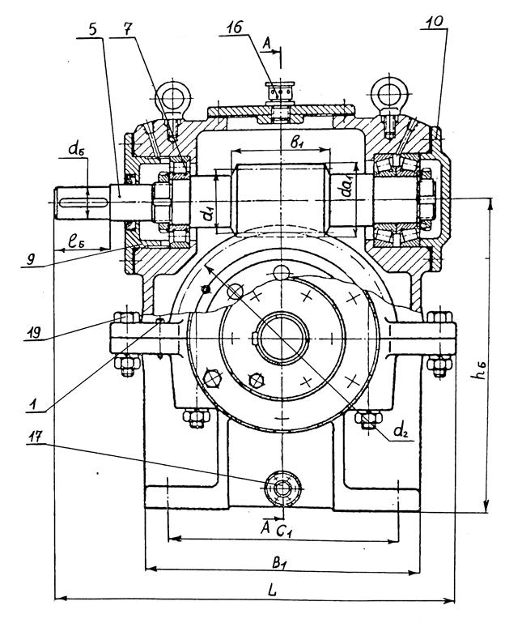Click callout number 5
93,30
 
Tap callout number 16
234,28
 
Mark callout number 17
36,437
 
